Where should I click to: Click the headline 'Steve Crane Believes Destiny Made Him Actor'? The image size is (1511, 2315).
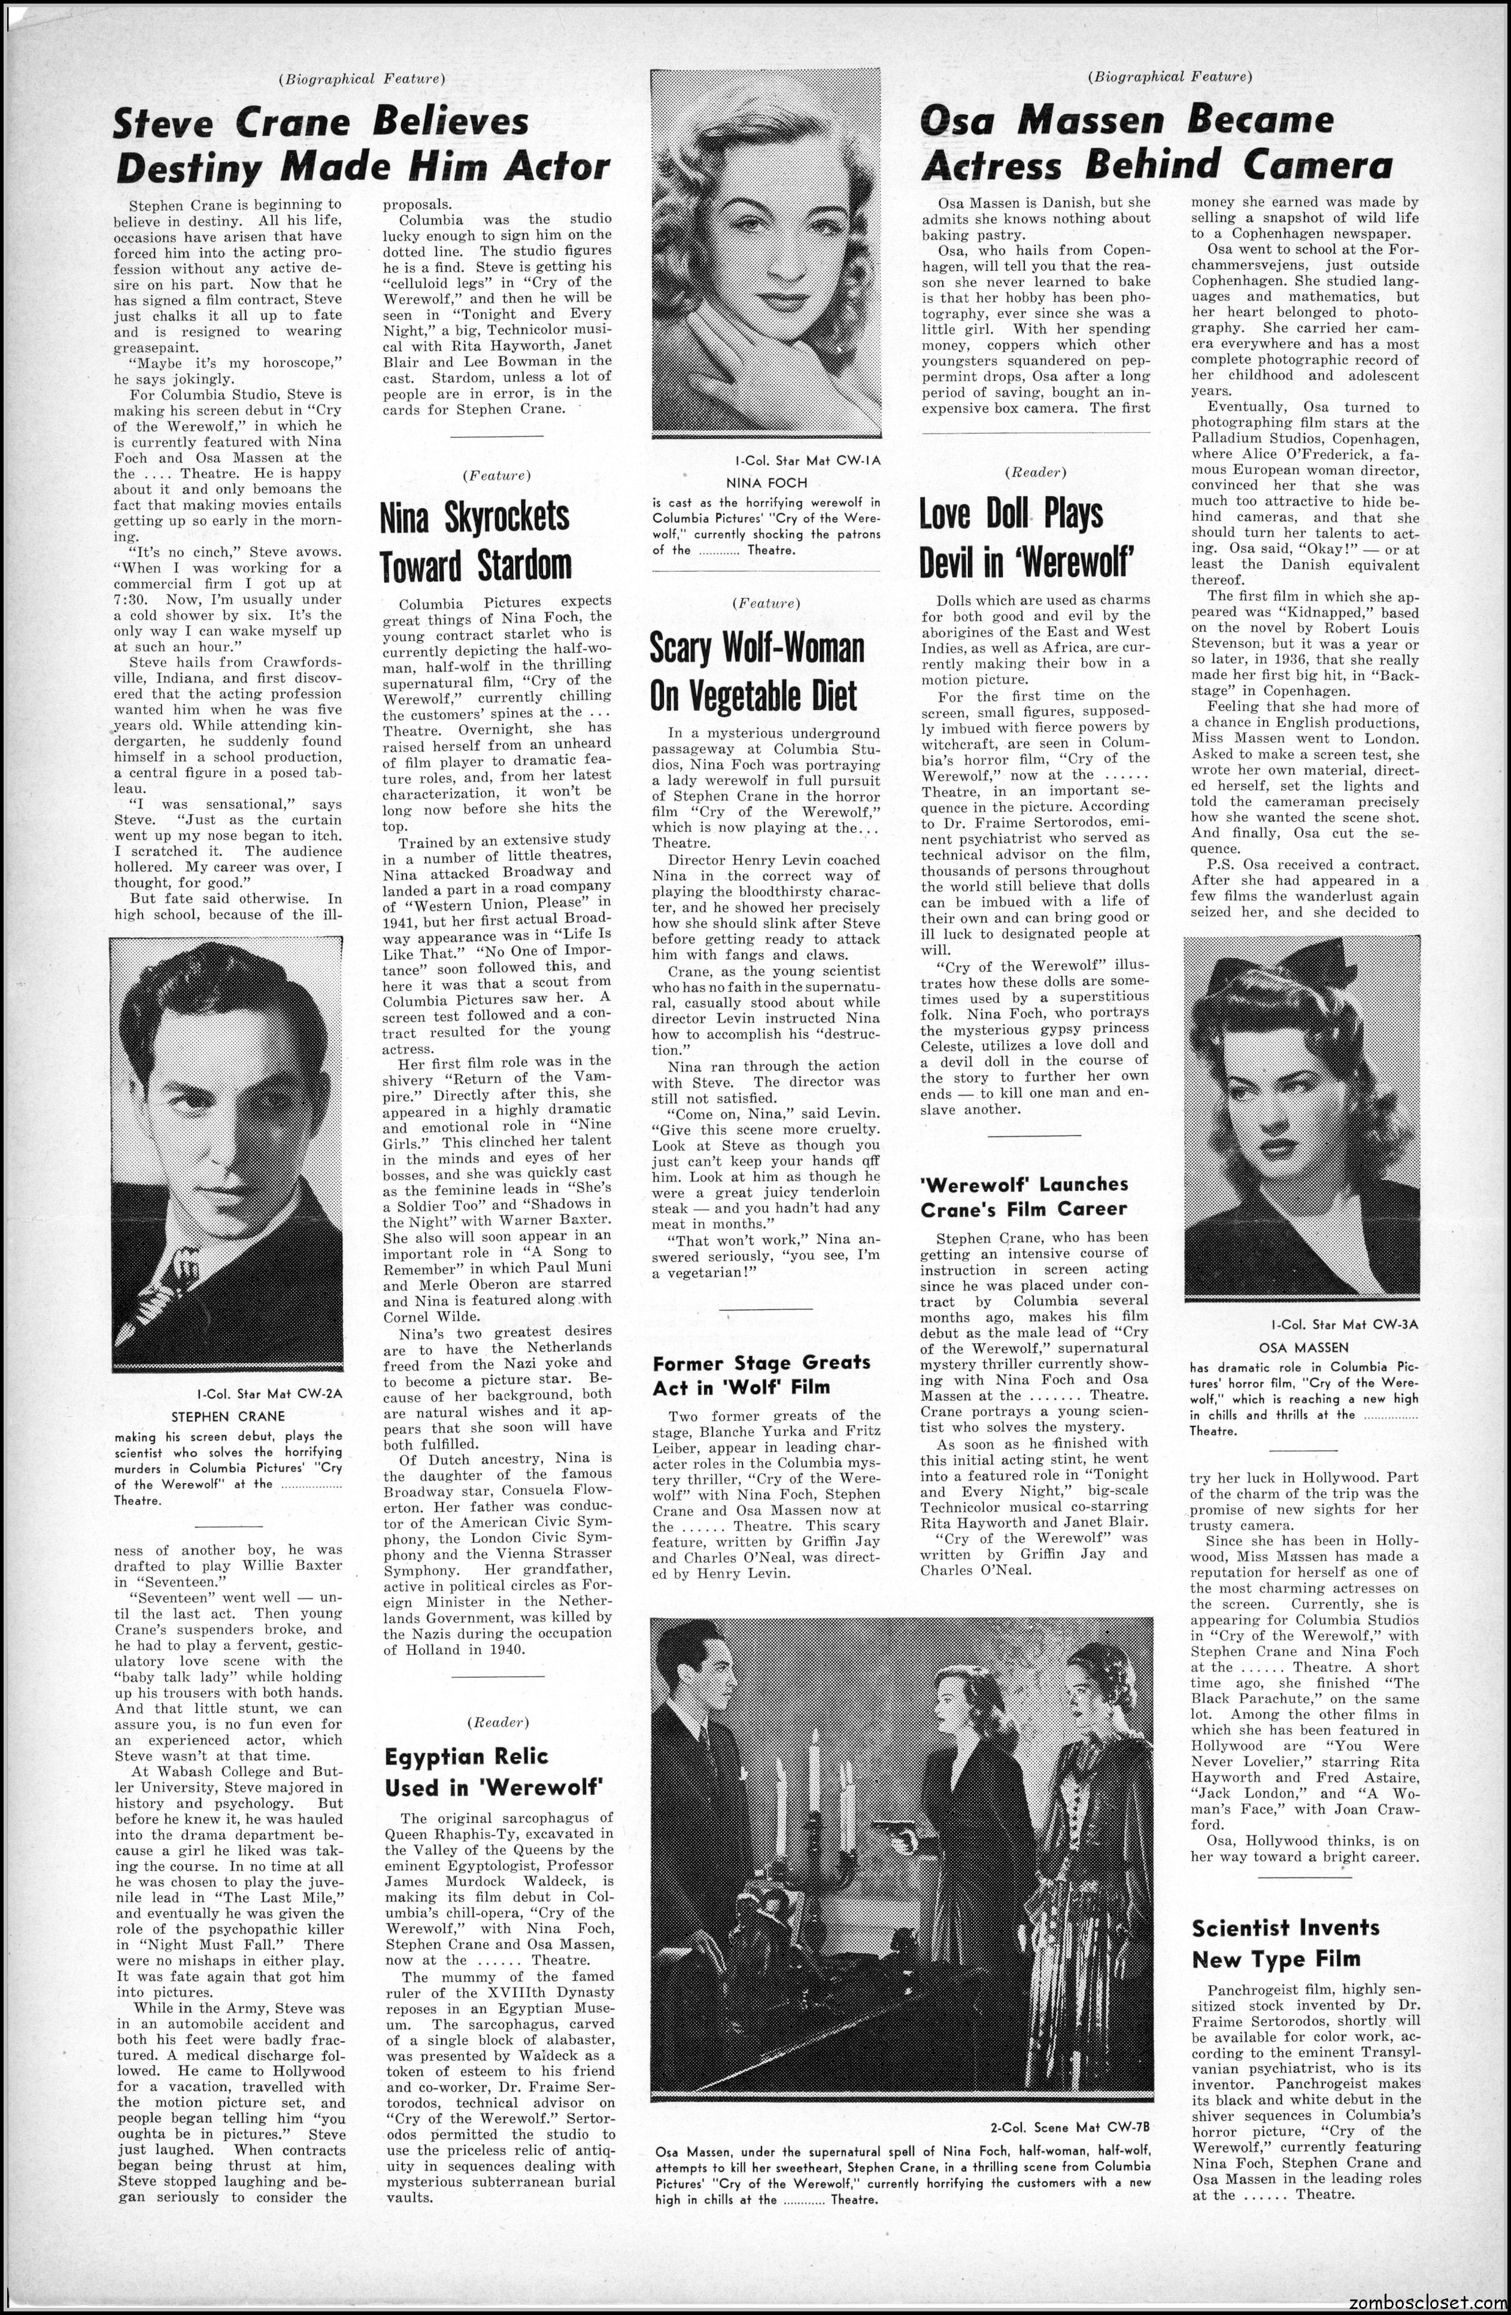point(362,144)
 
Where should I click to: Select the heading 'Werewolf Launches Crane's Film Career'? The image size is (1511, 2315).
point(1024,1196)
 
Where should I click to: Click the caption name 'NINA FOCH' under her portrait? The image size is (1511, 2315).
point(767,481)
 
